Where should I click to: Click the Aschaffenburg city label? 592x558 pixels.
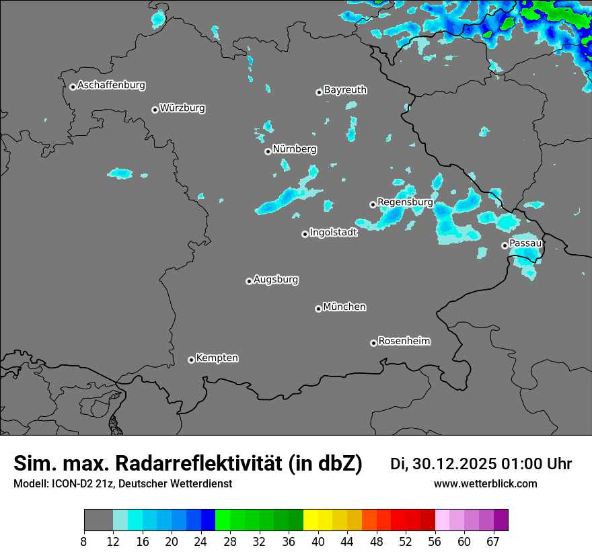pyautogui.click(x=111, y=85)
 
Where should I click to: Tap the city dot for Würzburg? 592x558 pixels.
pyautogui.click(x=155, y=110)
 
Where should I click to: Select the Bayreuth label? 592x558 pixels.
pyautogui.click(x=345, y=89)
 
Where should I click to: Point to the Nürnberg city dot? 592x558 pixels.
pyautogui.click(x=268, y=151)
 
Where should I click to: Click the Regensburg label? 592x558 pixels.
pyautogui.click(x=405, y=202)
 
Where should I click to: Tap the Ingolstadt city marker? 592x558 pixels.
pyautogui.click(x=305, y=234)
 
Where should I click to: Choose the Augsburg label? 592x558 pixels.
pyautogui.click(x=276, y=279)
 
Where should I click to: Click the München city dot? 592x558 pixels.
pyautogui.click(x=318, y=309)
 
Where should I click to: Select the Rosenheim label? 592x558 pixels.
pyautogui.click(x=404, y=341)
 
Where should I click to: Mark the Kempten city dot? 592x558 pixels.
pyautogui.click(x=191, y=360)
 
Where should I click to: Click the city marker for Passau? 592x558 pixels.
pyautogui.click(x=505, y=245)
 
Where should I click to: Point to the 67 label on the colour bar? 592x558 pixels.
pyautogui.click(x=493, y=542)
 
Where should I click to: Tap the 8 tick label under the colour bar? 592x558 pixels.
pyautogui.click(x=84, y=542)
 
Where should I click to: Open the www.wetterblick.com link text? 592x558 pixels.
pyautogui.click(x=486, y=484)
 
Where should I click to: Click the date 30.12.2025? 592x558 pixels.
pyautogui.click(x=454, y=464)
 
